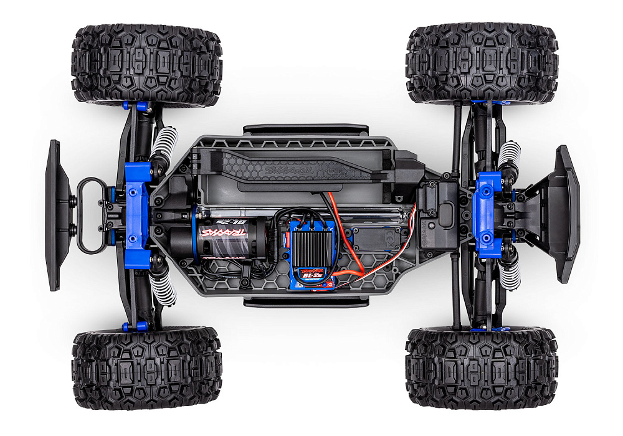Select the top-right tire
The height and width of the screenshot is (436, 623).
point(482,62)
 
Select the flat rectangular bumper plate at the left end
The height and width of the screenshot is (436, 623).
point(55,215)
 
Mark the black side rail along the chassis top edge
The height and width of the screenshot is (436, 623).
point(305,129)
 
